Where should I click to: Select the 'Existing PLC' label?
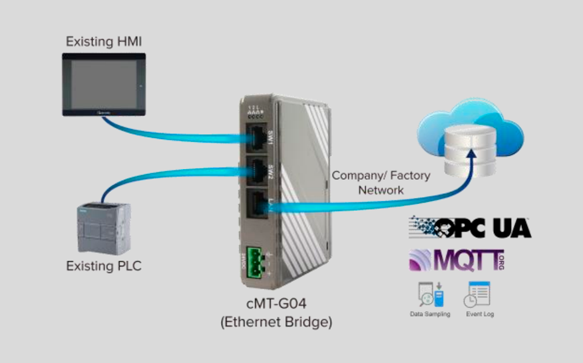(x=104, y=266)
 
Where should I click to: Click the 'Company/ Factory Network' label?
(x=381, y=182)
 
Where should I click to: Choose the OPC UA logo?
(x=469, y=228)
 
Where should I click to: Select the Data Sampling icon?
(x=430, y=294)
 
